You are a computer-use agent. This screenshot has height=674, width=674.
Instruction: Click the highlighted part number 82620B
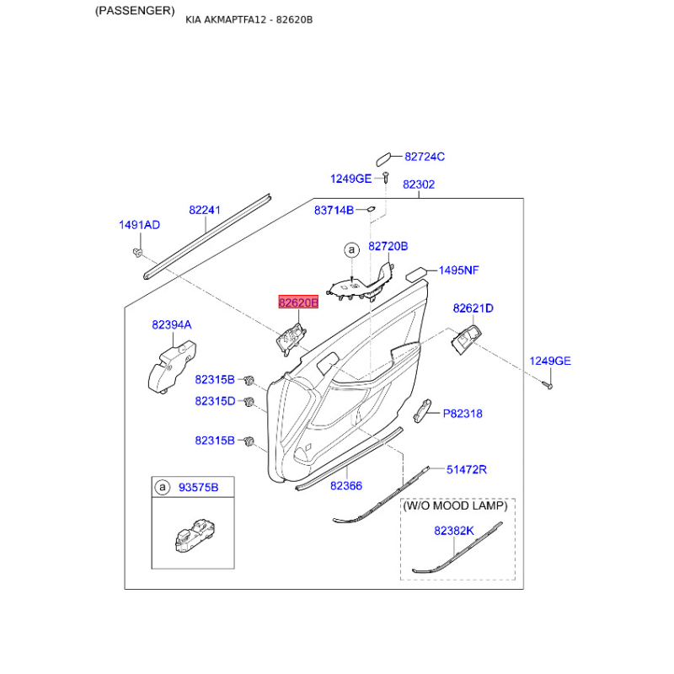tap(298, 302)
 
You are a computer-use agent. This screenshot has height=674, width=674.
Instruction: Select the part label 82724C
tap(425, 157)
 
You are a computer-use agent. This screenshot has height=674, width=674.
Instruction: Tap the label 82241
tap(205, 210)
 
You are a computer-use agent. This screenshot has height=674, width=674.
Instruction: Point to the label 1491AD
tap(139, 225)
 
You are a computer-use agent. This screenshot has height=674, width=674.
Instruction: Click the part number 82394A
tap(172, 325)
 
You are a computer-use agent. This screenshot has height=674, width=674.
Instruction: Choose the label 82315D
tap(215, 401)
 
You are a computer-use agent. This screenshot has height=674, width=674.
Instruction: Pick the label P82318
tap(463, 414)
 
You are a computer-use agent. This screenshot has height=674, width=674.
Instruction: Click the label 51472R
tap(467, 469)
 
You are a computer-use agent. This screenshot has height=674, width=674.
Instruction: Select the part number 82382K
tap(454, 531)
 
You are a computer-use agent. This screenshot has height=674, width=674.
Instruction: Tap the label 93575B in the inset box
tap(198, 488)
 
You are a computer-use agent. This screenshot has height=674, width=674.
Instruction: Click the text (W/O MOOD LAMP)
tap(455, 505)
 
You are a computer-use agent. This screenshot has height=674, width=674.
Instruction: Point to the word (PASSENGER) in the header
tap(135, 11)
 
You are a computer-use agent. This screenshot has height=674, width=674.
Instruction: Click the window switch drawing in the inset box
tap(195, 536)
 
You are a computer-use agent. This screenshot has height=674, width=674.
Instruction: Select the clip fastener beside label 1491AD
tap(137, 252)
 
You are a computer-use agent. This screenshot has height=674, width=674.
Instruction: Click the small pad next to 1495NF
tap(416, 274)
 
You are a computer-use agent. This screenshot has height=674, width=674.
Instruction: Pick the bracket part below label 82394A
tap(172, 367)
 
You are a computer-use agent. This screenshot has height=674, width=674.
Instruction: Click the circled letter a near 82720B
tap(351, 249)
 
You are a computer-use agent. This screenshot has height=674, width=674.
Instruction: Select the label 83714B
tap(334, 210)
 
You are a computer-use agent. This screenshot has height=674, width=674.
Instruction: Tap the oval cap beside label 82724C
tap(383, 159)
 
